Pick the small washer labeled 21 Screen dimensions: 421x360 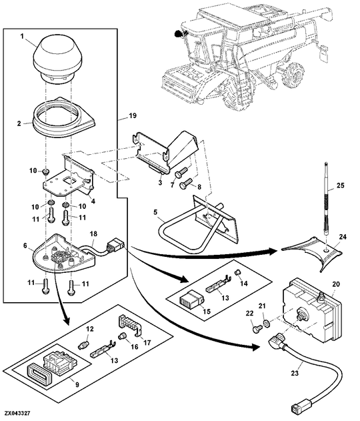click(267, 324)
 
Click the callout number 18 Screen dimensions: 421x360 click(94, 234)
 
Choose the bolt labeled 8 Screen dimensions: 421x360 click(188, 180)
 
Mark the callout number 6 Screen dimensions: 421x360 click(25, 246)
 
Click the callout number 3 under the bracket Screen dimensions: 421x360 click(159, 181)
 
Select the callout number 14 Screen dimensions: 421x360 click(242, 283)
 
